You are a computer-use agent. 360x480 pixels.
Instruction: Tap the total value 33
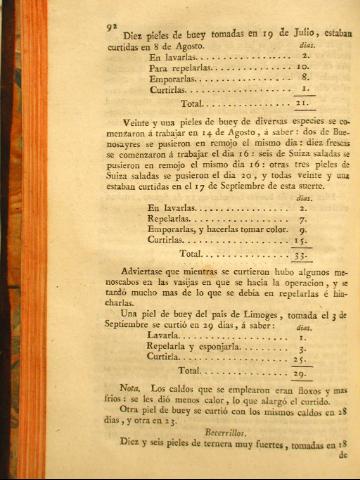click(x=299, y=256)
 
